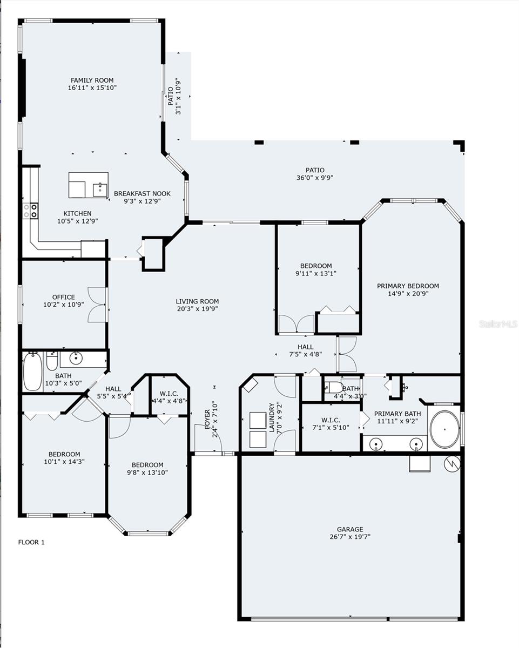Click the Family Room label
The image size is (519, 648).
[x=92, y=80]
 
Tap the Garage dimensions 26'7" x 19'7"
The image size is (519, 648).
[x=350, y=537]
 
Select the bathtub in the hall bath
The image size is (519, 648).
[x=32, y=372]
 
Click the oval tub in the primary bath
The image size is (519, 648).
[x=444, y=429]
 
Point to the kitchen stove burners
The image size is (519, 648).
[x=30, y=210]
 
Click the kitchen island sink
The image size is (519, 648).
[x=100, y=190]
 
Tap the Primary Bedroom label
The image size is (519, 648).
[x=408, y=286]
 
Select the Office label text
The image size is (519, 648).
[x=63, y=297]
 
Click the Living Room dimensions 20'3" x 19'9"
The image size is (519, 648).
[x=197, y=309]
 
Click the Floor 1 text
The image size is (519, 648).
[x=31, y=542]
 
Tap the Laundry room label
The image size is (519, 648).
[x=272, y=417]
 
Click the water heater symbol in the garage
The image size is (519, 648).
[x=450, y=463]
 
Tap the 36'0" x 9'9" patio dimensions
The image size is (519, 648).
[x=314, y=178]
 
